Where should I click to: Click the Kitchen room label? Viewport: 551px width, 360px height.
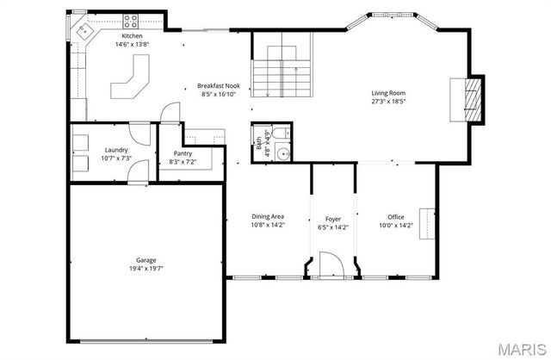tap(132, 35)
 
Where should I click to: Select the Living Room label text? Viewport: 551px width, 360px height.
tap(388, 93)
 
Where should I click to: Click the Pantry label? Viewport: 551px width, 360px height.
tap(182, 153)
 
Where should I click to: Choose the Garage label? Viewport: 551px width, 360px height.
tap(145, 259)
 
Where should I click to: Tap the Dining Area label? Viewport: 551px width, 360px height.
tap(267, 216)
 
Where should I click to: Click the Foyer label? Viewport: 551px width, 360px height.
tap(332, 219)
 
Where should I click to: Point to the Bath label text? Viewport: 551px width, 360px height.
tap(259, 145)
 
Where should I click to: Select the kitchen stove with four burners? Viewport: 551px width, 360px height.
tap(131, 20)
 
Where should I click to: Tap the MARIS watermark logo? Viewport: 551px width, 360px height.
tap(520, 349)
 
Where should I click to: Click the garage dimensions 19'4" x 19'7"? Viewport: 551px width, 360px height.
tap(145, 268)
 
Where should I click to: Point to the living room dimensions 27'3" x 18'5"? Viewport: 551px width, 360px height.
tap(388, 102)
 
